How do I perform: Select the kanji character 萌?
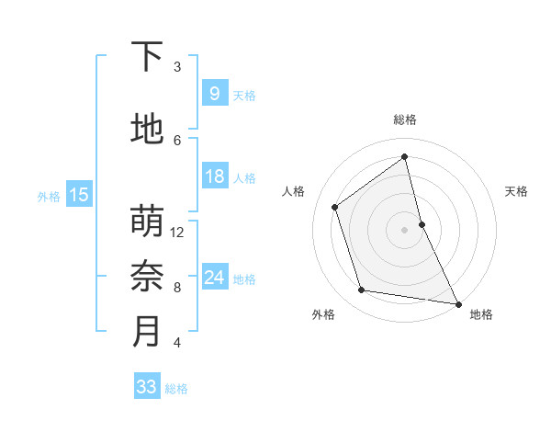147,222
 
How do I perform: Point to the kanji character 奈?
147,276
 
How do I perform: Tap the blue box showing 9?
214,93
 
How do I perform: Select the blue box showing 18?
214,176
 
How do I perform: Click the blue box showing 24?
214,278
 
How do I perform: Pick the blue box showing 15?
78,194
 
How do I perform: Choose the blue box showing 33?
147,387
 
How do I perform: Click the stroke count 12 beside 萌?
177,232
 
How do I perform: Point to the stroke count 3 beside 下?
177,67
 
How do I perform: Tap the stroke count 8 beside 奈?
177,287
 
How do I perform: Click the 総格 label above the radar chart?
405,119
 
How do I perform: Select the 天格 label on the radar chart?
516,191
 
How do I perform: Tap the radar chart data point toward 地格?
457,302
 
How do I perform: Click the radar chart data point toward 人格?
335,207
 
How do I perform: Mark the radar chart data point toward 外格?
362,290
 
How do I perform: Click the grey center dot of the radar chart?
405,229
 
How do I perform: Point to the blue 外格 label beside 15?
48,196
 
